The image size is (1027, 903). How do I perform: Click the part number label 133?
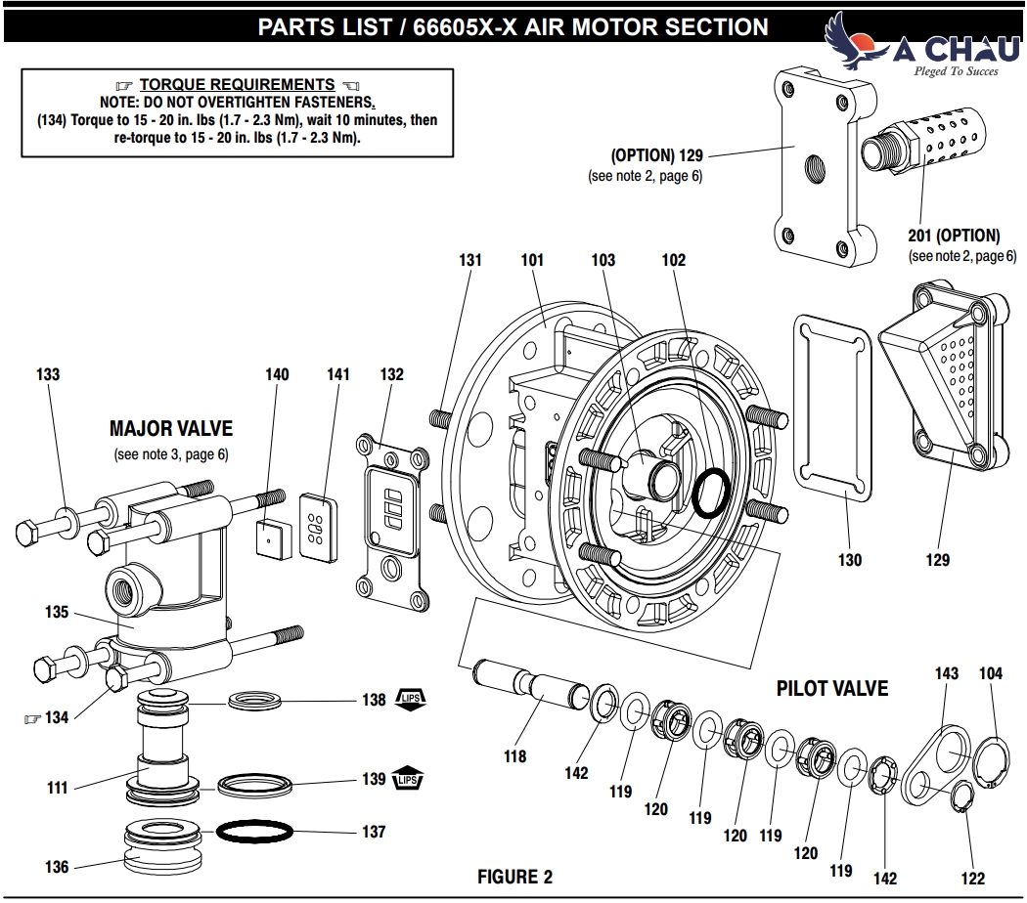(48, 374)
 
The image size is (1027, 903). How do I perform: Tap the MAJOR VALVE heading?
(171, 429)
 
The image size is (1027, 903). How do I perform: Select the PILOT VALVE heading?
(832, 688)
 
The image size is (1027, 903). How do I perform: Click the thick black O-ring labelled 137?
(253, 832)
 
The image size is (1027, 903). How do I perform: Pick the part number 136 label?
(56, 867)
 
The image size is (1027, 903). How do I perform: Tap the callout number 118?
(514, 755)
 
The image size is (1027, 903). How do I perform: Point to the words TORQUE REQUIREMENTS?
(238, 85)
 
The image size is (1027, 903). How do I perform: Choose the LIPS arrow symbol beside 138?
(411, 700)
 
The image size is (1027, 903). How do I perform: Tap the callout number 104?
(990, 673)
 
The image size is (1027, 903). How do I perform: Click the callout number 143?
(946, 673)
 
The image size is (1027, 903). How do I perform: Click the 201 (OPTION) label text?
(954, 236)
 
